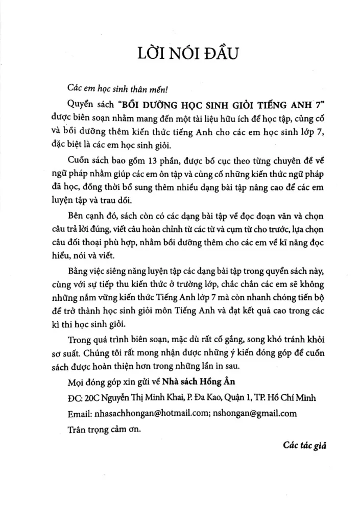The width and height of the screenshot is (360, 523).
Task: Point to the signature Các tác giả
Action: [x=305, y=445]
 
